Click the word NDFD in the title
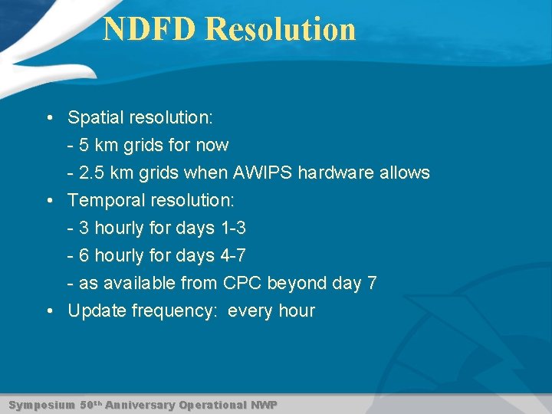click(150, 29)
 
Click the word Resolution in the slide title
click(281, 29)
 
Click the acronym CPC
click(242, 284)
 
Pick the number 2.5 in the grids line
click(92, 173)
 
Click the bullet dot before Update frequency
click(49, 311)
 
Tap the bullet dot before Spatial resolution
click(49, 118)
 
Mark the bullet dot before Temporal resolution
click(49, 201)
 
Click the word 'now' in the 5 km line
click(212, 146)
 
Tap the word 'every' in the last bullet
click(250, 311)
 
